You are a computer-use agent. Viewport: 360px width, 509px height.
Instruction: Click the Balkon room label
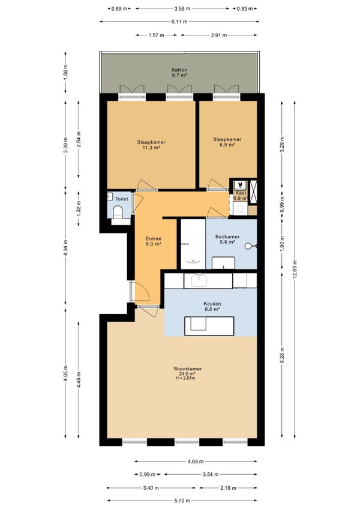click(179, 70)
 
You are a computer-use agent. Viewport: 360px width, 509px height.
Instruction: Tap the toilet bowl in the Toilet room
click(117, 212)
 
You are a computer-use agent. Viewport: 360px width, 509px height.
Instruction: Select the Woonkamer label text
click(188, 369)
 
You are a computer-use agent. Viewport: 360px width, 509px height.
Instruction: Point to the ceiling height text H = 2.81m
click(185, 378)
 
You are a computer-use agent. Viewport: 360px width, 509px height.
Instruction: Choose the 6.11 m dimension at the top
click(179, 22)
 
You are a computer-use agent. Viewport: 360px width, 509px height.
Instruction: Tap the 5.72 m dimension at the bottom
click(182, 501)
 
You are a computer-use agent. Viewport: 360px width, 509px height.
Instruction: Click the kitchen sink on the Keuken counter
click(199, 280)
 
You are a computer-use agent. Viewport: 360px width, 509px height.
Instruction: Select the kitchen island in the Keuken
click(209, 326)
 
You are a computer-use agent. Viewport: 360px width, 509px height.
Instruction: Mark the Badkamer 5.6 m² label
click(227, 239)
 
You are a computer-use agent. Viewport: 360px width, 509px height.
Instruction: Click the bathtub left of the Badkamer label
click(193, 244)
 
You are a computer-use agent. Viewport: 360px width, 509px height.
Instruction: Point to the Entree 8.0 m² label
click(153, 241)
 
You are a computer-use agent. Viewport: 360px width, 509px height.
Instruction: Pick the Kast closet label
click(241, 193)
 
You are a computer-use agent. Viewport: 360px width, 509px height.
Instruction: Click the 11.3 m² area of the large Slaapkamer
click(151, 148)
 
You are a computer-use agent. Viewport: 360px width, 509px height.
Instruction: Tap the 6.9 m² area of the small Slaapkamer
click(227, 145)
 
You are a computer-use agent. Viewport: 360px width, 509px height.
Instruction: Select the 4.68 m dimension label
click(196, 461)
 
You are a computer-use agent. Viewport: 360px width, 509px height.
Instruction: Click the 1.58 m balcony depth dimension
click(65, 72)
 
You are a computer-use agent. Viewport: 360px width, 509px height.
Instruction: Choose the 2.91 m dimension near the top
click(219, 35)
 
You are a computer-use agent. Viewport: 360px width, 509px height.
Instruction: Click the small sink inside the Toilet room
click(109, 196)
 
